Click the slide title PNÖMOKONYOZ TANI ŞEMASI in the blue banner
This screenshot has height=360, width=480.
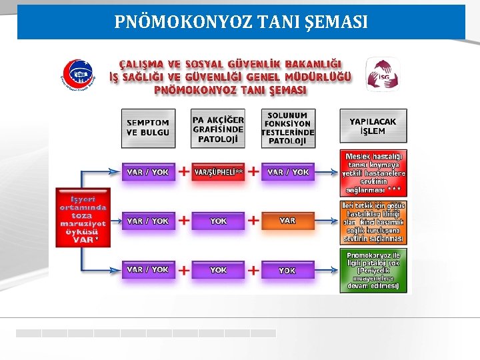point(241,22)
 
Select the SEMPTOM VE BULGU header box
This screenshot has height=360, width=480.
point(148,127)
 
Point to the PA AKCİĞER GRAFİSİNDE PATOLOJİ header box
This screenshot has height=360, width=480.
point(218,127)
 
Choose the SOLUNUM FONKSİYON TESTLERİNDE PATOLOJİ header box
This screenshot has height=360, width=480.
point(287,127)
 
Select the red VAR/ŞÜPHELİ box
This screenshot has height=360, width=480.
point(218,172)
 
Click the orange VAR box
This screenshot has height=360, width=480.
point(287,220)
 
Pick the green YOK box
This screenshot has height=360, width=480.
point(287,270)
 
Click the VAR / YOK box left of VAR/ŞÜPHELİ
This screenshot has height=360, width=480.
point(148,172)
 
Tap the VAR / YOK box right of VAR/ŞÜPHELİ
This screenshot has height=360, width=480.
point(287,172)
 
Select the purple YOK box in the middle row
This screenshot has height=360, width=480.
point(218,220)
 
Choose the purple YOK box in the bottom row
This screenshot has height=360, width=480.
point(218,270)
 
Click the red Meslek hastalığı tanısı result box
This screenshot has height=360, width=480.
point(373,172)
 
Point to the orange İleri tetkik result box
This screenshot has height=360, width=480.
point(373,222)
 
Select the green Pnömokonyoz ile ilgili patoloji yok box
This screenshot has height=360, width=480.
point(373,270)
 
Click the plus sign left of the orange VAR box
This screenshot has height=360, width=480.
point(253,220)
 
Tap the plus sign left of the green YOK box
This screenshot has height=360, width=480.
point(253,270)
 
